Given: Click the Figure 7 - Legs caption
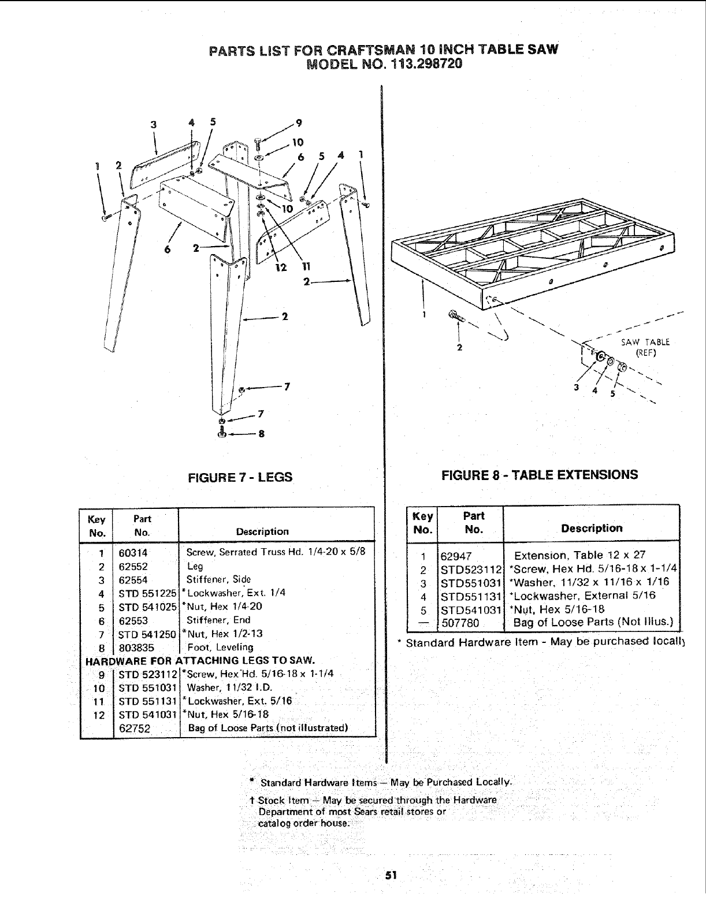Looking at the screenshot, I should pos(237,477).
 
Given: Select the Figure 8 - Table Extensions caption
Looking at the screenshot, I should pos(539,475).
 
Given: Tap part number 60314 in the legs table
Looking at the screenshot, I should pos(133,553).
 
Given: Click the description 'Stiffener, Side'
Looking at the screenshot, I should pos(218,579).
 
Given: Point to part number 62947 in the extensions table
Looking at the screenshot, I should pos(456,556).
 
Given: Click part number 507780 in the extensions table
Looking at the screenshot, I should pos(460,623).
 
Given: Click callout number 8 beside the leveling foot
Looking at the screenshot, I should pos(261,434).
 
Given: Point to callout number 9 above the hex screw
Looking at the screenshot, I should pos(298,122).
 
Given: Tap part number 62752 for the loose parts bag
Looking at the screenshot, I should pos(135,728).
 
